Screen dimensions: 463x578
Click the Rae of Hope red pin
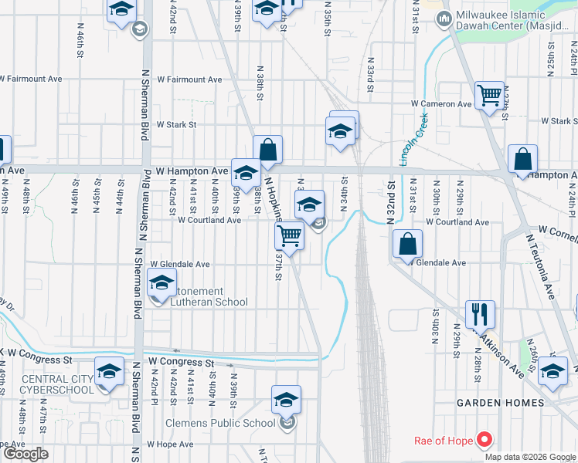(484, 440)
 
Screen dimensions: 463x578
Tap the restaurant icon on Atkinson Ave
(480, 314)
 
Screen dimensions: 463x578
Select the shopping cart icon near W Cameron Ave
(489, 96)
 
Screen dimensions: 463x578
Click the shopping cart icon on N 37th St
(289, 235)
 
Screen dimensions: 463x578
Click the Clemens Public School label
(220, 423)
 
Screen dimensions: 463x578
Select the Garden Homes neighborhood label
(500, 403)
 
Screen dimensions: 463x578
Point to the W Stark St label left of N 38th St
(176, 124)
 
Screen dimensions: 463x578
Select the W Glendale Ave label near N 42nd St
(185, 264)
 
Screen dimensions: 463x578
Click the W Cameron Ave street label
(441, 103)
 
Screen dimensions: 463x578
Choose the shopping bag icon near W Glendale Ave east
(407, 244)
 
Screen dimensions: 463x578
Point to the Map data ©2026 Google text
(531, 457)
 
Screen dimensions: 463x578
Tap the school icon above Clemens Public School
(286, 400)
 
